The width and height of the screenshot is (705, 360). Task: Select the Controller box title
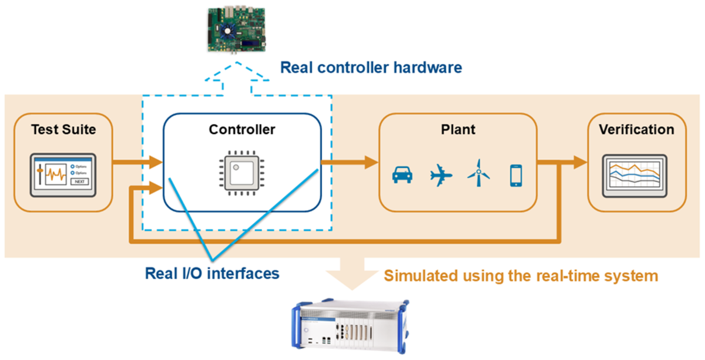click(x=242, y=129)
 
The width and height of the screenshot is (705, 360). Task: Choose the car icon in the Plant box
click(x=402, y=175)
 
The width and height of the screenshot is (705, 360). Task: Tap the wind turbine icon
click(x=478, y=173)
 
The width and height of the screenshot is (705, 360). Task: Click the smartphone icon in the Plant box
click(x=516, y=175)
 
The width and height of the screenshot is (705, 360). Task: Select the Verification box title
click(x=636, y=129)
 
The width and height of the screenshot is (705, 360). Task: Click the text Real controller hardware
click(x=371, y=68)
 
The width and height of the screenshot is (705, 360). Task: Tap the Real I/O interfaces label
click(x=212, y=273)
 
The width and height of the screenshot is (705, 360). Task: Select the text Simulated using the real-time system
click(x=521, y=275)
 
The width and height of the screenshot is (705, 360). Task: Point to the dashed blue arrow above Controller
click(x=237, y=80)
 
